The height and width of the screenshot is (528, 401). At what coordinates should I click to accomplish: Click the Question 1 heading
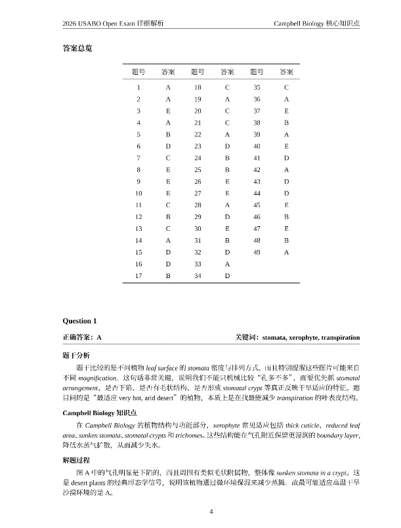79,321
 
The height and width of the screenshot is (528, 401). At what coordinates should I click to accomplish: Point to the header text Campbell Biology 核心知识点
316,24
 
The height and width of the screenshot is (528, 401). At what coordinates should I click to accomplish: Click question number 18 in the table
198,87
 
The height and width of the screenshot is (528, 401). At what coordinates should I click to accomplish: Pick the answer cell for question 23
227,146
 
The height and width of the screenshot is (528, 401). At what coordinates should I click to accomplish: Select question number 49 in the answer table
257,252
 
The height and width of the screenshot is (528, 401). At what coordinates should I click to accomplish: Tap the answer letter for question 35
286,87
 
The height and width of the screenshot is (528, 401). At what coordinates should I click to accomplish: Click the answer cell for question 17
168,275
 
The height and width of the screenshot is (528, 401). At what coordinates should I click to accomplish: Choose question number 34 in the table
198,275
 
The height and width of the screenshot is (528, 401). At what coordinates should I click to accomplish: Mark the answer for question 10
168,193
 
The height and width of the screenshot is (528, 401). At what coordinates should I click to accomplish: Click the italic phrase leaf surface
163,367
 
